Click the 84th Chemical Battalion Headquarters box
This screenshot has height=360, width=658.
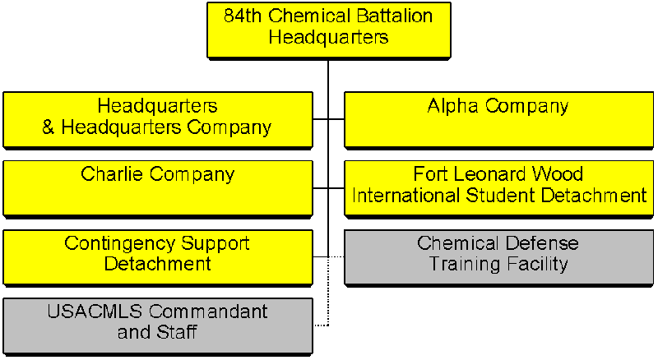pos(329,30)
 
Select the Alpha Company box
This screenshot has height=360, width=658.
pos(498,121)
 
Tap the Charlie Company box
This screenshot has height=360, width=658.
pos(158,189)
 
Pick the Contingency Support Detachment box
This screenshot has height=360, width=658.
pos(158,258)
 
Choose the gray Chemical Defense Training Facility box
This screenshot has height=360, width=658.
pos(498,258)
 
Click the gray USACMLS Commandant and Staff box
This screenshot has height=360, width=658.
pos(158,326)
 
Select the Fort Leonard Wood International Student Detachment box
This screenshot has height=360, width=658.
pos(498,189)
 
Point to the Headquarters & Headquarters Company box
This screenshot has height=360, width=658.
pos(158,121)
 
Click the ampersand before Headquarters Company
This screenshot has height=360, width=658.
pos(49,127)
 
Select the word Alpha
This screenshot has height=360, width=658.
pos(453,107)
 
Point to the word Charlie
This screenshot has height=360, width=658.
pos(112,173)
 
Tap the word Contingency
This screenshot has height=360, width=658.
pos(119,244)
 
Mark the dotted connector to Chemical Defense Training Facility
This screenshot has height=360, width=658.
pos(336,256)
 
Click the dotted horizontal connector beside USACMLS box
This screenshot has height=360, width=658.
pos(322,325)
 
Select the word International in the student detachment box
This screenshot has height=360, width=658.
pos(405,196)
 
